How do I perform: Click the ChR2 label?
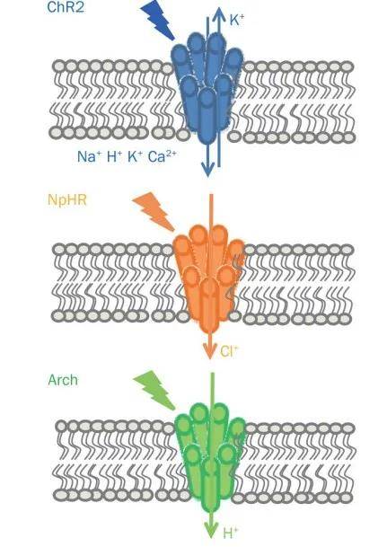coord(66,7)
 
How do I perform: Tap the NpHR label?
coord(67,200)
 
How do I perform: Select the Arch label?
coord(63,380)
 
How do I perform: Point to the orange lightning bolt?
coord(154,211)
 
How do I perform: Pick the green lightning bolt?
coord(154,391)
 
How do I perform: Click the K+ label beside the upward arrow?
coord(237,20)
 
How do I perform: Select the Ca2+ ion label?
coord(162,156)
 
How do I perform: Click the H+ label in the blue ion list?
coord(114,156)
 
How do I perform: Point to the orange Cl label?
coord(229,351)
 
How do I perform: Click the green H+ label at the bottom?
coord(231,533)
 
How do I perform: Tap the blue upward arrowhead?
coord(219,13)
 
